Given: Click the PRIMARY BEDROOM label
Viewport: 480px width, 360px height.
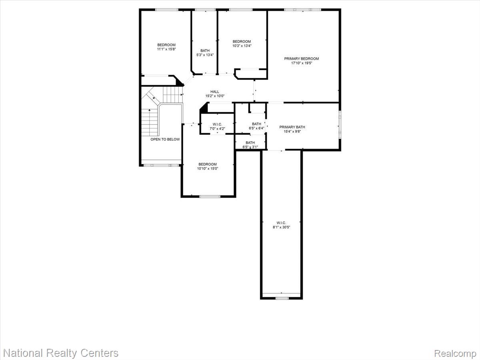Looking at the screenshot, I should (302, 59).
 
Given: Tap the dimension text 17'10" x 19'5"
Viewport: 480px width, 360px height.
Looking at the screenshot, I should (302, 63).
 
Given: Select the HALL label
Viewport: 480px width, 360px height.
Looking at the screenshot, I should (215, 92).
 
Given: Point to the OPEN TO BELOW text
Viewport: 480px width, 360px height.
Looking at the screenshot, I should (165, 139).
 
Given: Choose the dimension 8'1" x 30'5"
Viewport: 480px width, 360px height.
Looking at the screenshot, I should (281, 227).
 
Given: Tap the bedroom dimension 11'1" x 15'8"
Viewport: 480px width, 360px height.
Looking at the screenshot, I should (166, 49).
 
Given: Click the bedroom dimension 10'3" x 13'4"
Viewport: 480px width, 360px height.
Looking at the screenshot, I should (242, 46).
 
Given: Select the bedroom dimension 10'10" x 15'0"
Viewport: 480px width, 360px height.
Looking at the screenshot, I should (208, 169).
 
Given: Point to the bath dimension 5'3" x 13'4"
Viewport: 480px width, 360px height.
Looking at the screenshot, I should (205, 55).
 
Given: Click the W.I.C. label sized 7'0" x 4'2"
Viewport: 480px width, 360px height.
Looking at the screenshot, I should (218, 124).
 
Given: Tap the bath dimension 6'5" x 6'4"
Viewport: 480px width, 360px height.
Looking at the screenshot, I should (256, 128).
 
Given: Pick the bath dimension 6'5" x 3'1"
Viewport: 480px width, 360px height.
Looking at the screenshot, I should (250, 147).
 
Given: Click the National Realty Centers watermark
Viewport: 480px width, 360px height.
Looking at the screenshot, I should (60, 353).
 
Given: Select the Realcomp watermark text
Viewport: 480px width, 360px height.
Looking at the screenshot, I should (455, 354).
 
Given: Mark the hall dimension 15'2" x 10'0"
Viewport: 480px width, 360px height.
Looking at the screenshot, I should (215, 96).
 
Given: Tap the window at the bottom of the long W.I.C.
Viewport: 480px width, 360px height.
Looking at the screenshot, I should (282, 298).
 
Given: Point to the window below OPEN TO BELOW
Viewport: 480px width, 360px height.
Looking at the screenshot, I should (161, 165).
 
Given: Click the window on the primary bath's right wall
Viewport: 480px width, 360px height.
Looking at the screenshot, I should (340, 125).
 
